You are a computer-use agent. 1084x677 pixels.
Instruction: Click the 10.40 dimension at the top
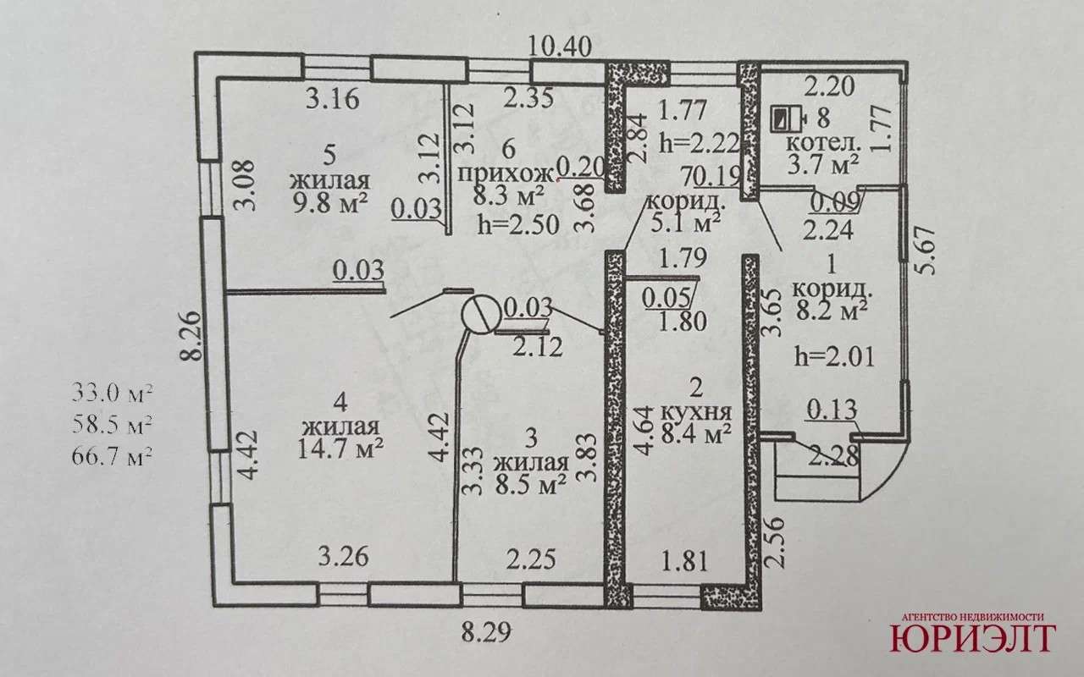tap(561, 45)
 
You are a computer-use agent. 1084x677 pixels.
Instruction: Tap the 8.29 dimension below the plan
tap(487, 631)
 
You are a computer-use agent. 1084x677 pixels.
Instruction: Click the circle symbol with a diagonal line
tap(481, 315)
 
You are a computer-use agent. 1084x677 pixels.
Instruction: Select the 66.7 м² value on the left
tap(113, 457)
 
